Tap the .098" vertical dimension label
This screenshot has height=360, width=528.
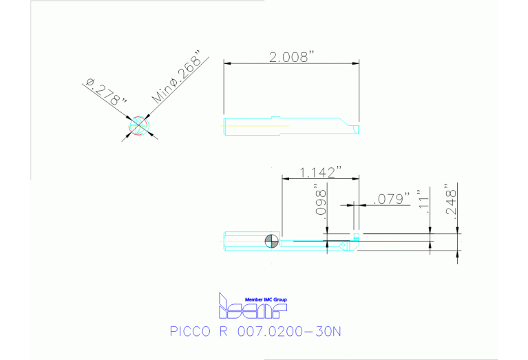pyautogui.click(x=320, y=200)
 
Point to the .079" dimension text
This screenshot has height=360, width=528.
pyautogui.click(x=390, y=200)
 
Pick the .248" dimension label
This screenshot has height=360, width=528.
pyautogui.click(x=452, y=200)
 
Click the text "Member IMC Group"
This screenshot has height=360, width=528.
pyautogui.click(x=266, y=299)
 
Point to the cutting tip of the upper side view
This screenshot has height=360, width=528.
pyautogui.click(x=358, y=129)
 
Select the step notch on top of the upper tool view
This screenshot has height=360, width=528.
pyautogui.click(x=275, y=117)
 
